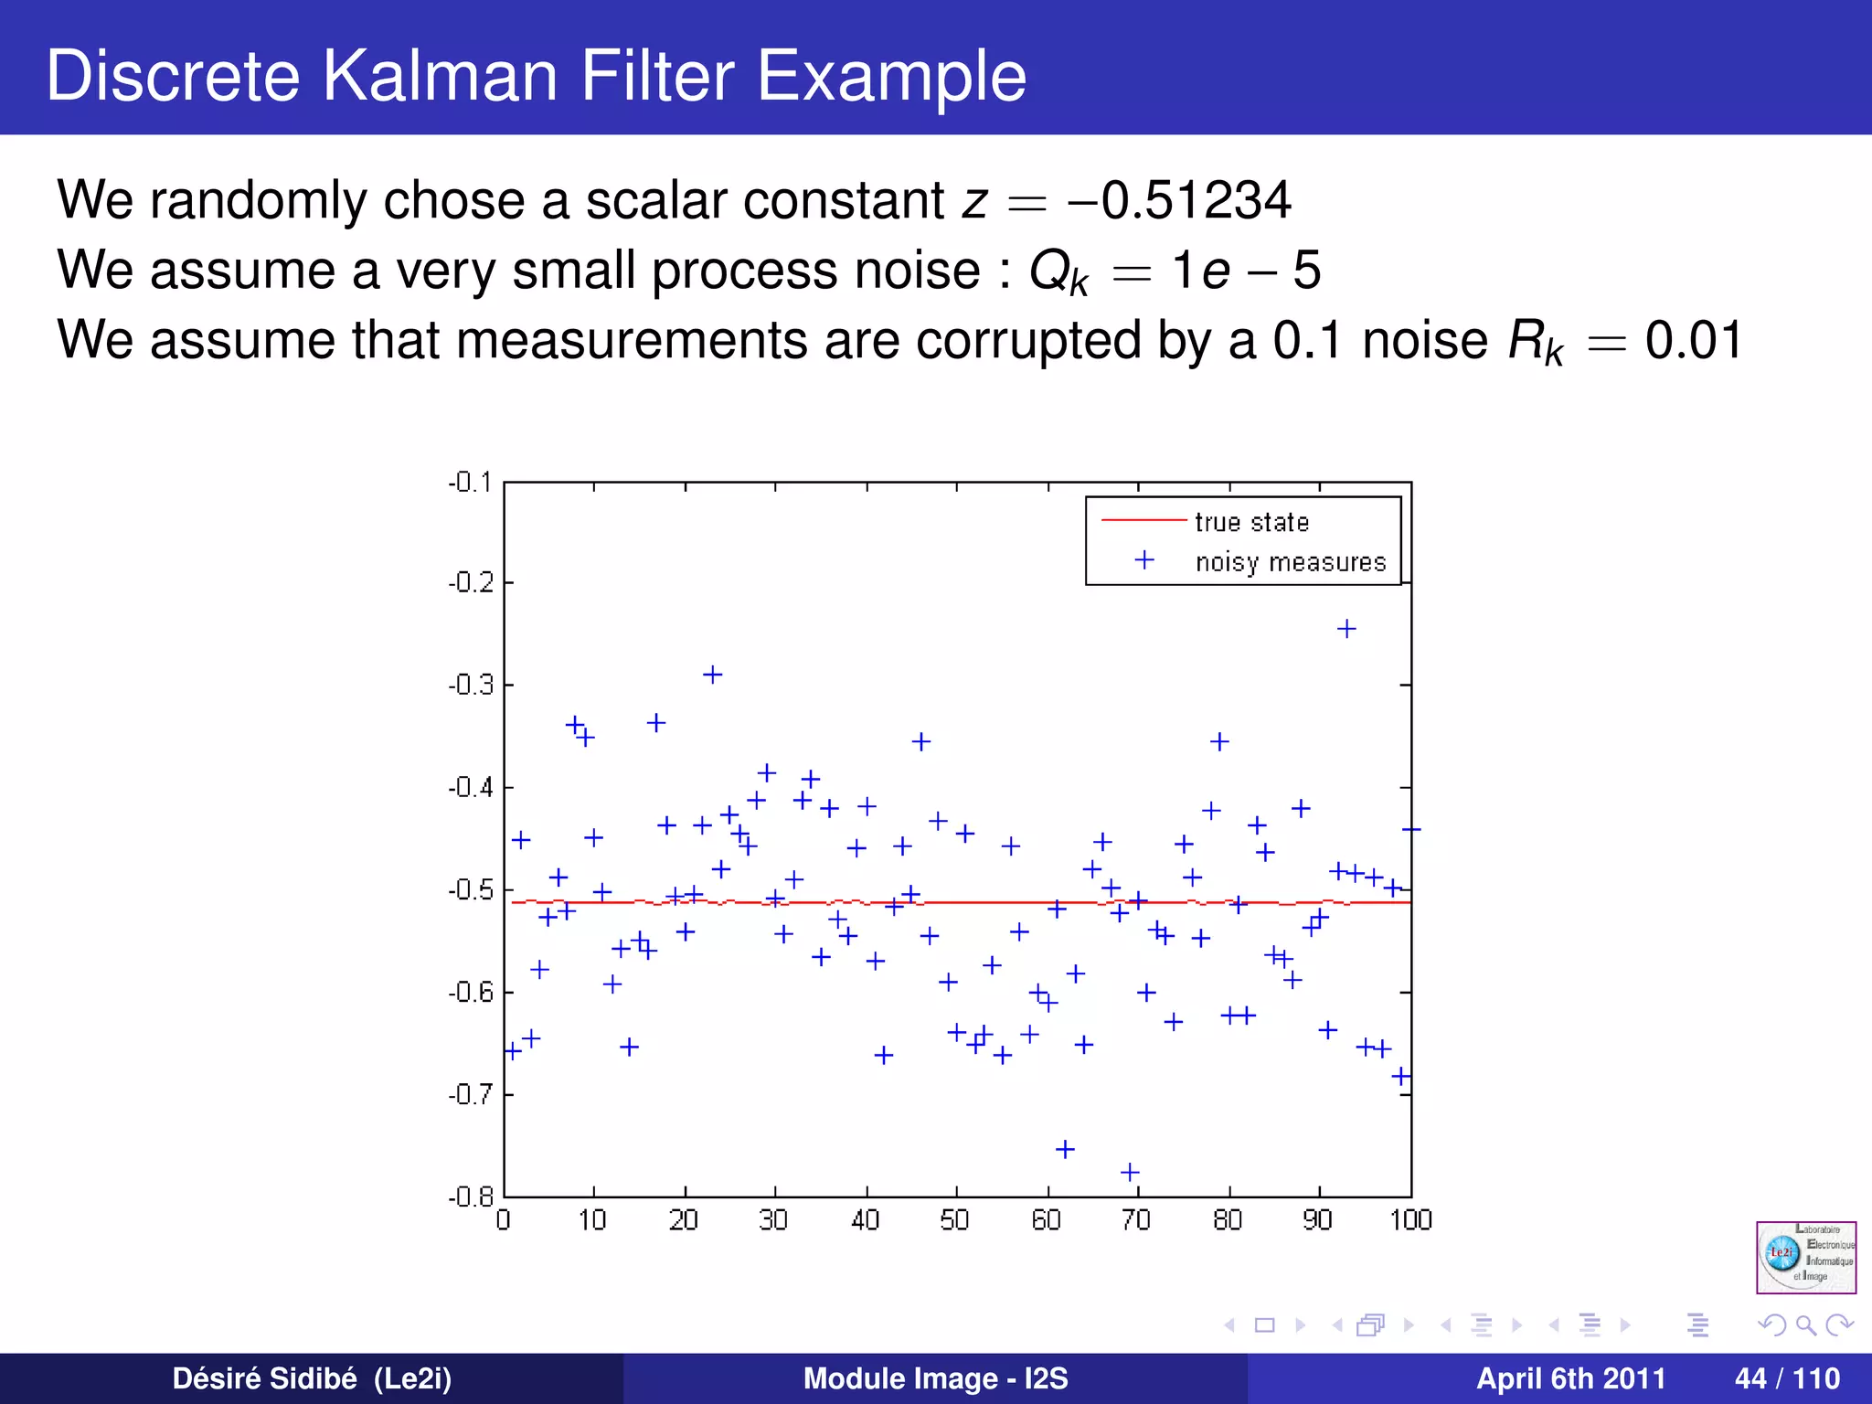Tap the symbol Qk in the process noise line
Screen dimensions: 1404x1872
pos(1058,271)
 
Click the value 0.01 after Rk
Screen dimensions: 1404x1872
pos(1693,340)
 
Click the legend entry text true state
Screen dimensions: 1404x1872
pos(1251,522)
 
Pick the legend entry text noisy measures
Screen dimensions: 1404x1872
pos(1290,562)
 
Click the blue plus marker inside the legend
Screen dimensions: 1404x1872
pos(1143,560)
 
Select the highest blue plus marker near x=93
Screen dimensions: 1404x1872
pos(1345,629)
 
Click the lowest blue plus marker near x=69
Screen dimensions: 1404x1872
pos(1130,1172)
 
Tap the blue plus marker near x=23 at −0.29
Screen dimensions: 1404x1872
pos(713,675)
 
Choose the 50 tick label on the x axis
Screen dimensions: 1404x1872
pos(954,1220)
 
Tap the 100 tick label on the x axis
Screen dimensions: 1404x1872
pos(1410,1220)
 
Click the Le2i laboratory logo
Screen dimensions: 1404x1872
pos(1805,1257)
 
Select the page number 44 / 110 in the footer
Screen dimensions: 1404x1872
pos(1786,1378)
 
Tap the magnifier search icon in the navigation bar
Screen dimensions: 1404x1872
pos(1805,1324)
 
